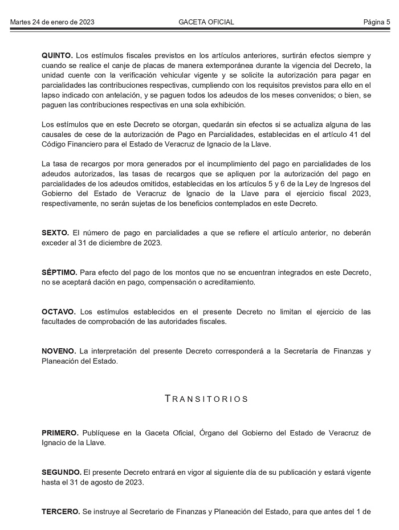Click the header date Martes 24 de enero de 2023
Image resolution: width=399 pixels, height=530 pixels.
(52, 22)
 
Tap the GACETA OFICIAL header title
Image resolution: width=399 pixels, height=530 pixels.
(206, 22)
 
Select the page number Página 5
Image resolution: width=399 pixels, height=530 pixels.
(377, 22)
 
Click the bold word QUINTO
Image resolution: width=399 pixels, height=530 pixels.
(57, 55)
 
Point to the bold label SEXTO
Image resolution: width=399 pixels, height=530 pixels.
(55, 233)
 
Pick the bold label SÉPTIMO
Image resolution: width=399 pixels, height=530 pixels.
(59, 272)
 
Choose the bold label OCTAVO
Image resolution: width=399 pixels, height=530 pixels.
(58, 312)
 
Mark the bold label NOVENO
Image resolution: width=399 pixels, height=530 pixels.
(59, 351)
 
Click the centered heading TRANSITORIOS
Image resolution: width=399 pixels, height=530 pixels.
(206, 399)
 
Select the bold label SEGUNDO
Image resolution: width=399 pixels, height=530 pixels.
(61, 472)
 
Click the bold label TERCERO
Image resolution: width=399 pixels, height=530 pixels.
(60, 512)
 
